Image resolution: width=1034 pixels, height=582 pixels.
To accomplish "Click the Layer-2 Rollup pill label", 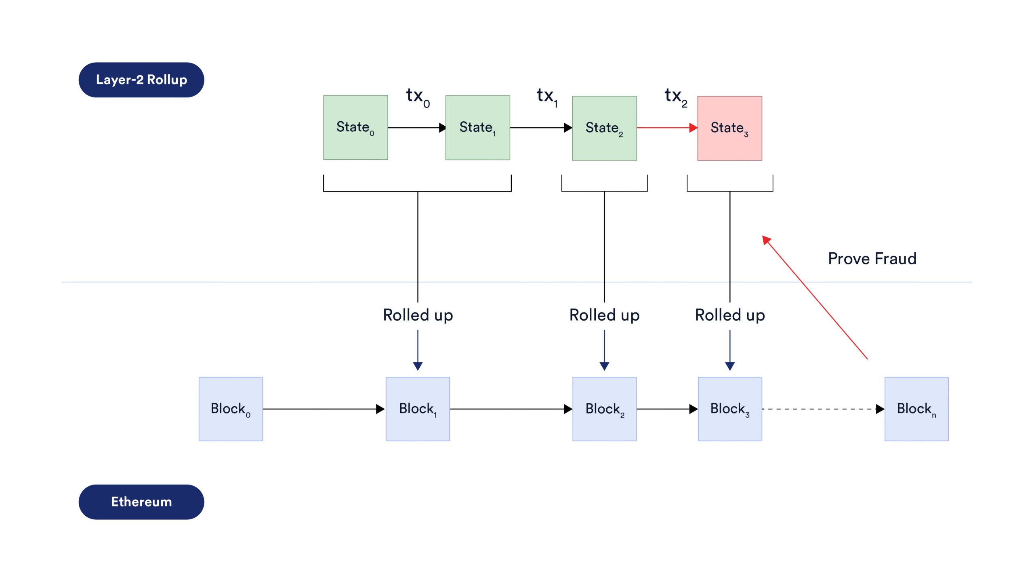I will (141, 80).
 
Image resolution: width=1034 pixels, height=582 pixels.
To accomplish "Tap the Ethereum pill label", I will (141, 502).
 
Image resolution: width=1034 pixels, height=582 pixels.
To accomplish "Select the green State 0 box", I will (355, 128).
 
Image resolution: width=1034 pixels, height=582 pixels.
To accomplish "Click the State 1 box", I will (477, 128).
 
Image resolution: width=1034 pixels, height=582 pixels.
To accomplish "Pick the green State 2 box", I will (604, 128).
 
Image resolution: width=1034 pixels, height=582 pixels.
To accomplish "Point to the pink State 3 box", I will (729, 128).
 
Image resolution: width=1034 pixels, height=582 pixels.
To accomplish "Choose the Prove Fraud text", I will (872, 259).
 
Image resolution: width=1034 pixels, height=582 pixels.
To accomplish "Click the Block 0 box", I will (231, 409).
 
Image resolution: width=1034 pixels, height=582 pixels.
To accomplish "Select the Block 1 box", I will (418, 409).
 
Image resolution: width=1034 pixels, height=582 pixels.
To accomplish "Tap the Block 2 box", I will (604, 409).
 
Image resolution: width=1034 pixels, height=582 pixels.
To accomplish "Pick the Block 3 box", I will (730, 409).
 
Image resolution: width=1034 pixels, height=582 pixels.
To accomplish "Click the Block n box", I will (916, 409).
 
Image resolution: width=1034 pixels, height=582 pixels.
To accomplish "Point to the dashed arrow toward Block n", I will (820, 409).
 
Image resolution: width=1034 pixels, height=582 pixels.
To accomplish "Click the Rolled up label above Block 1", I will (418, 315).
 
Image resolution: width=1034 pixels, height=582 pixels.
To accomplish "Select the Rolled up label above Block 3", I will (730, 315).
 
